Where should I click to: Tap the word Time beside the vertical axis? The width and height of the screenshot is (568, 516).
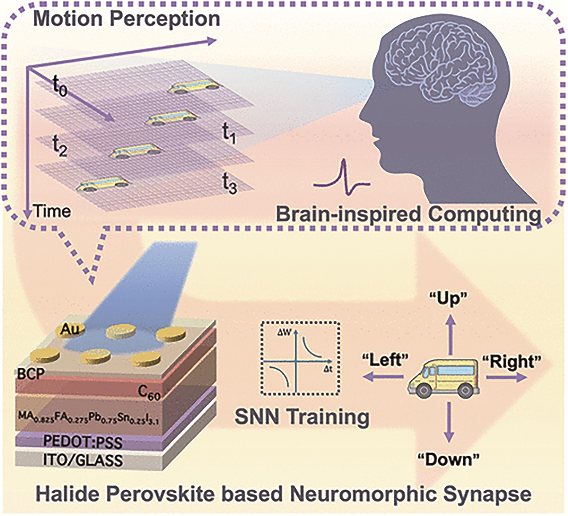click(52, 211)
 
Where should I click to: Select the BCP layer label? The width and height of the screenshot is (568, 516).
click(30, 375)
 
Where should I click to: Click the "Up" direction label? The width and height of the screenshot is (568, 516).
click(448, 299)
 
